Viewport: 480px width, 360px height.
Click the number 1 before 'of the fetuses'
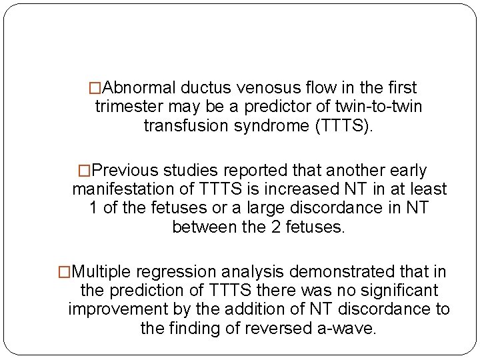93,208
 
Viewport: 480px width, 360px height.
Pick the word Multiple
103,273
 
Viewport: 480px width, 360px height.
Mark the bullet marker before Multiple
65,273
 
